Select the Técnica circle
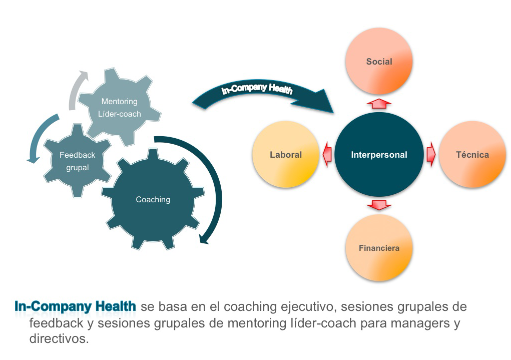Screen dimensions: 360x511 coord(472,154)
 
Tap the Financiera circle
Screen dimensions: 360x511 coord(379,248)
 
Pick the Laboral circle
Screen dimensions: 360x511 coord(286,154)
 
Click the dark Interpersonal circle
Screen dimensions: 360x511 coord(379,154)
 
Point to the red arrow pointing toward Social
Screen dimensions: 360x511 coord(379,103)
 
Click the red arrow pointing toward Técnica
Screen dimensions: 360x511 coord(431,155)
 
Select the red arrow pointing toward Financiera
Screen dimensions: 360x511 coord(379,205)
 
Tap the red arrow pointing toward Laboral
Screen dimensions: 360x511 coord(327,155)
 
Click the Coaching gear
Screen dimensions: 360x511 coord(153,200)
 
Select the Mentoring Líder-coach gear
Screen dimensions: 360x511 coord(121,107)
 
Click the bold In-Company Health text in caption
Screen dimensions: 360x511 coord(76,306)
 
